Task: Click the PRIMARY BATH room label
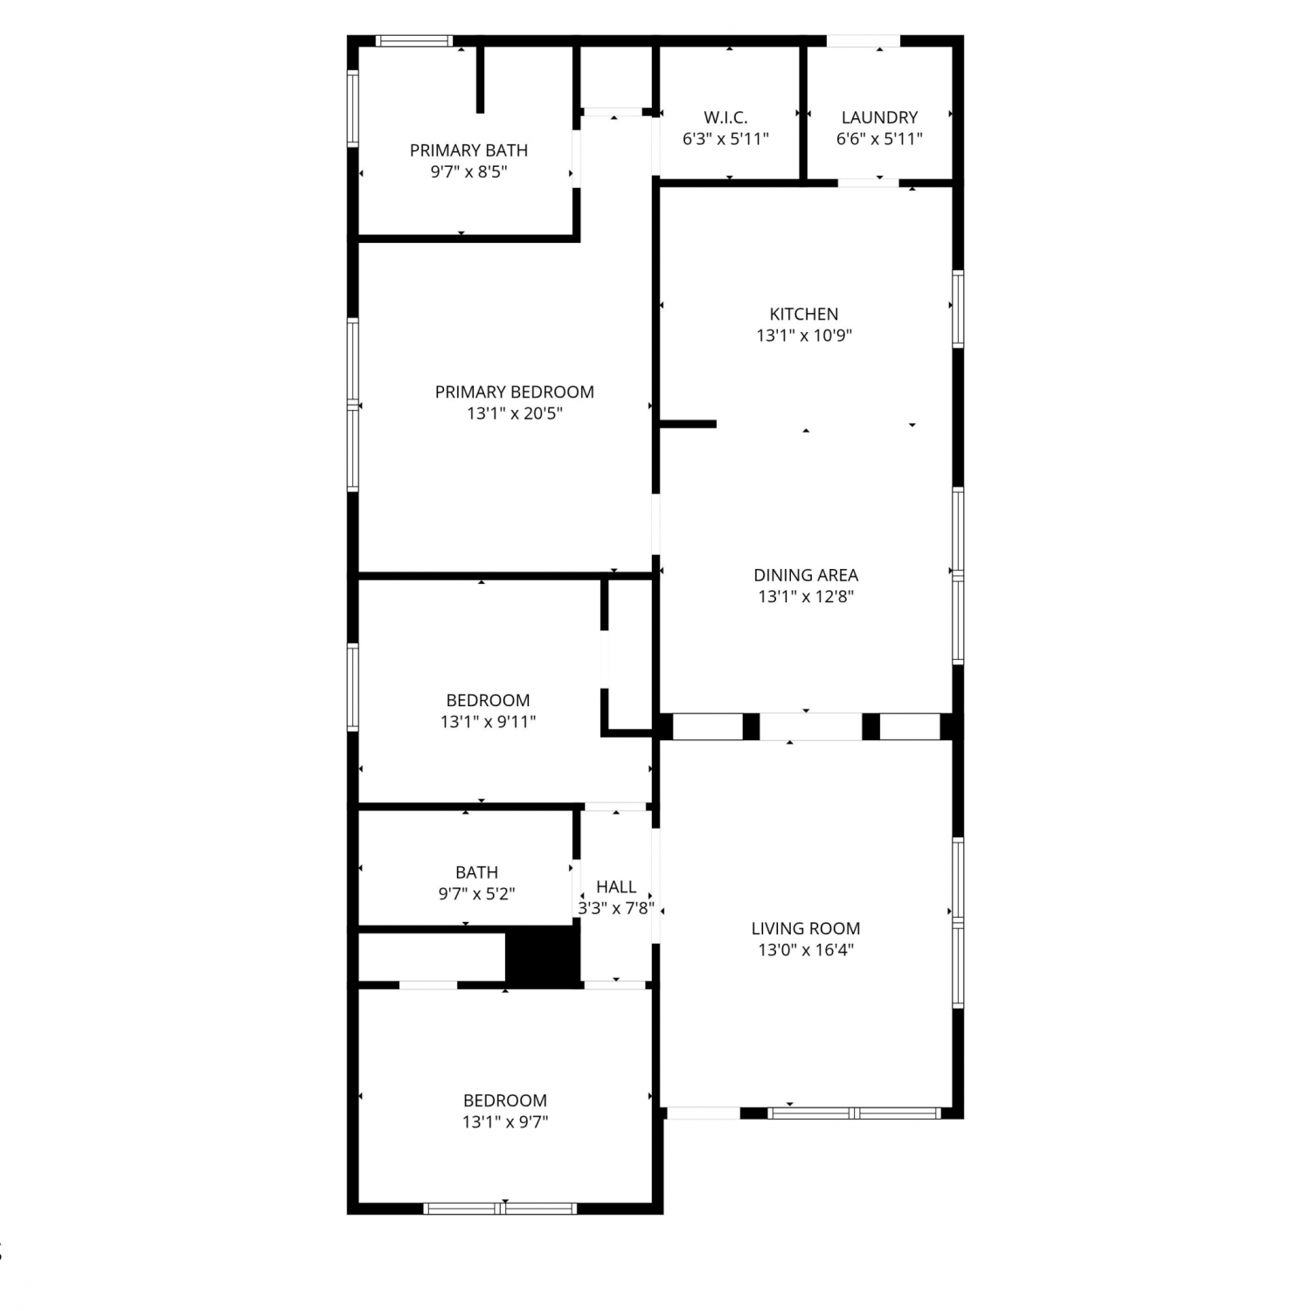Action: pyautogui.click(x=468, y=150)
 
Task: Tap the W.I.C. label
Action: pyautogui.click(x=725, y=117)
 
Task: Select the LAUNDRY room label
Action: pyautogui.click(x=879, y=117)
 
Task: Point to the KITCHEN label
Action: pyautogui.click(x=804, y=314)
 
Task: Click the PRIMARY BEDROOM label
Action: pyautogui.click(x=515, y=392)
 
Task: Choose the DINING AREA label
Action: pyautogui.click(x=806, y=575)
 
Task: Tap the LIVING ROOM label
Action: pyautogui.click(x=806, y=928)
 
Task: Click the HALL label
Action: pyautogui.click(x=616, y=887)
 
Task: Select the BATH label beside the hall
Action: pyautogui.click(x=476, y=872)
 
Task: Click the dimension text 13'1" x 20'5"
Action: pyautogui.click(x=515, y=413)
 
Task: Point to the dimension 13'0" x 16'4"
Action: pyautogui.click(x=806, y=950)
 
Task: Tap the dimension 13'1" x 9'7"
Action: pyautogui.click(x=505, y=1122)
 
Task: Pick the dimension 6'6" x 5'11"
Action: pyautogui.click(x=879, y=139)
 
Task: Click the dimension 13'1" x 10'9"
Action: pyautogui.click(x=804, y=336)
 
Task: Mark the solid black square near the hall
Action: pyautogui.click(x=543, y=956)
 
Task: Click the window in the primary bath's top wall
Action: pyautogui.click(x=414, y=40)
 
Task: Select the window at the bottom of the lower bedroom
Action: pyautogui.click(x=500, y=1209)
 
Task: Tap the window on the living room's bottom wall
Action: pyautogui.click(x=854, y=1113)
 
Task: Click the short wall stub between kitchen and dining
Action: pyautogui.click(x=688, y=425)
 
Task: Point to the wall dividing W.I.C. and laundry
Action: pyautogui.click(x=802, y=113)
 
